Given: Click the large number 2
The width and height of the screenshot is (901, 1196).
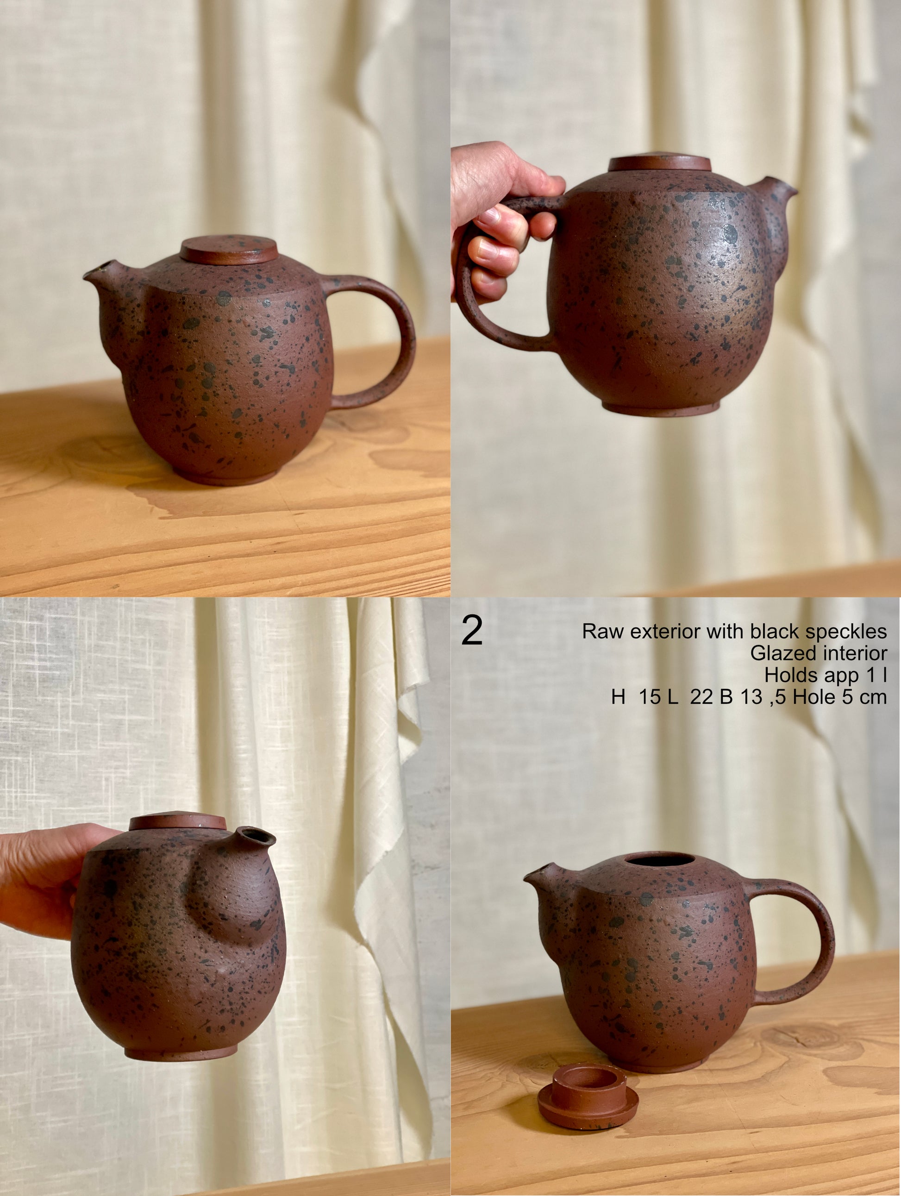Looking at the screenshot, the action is (472, 631).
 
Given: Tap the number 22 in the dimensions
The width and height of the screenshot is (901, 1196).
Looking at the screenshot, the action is (701, 697).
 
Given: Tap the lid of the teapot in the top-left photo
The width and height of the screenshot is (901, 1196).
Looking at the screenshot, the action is (229, 249).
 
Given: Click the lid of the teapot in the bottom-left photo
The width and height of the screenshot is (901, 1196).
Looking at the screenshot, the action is (177, 823).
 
